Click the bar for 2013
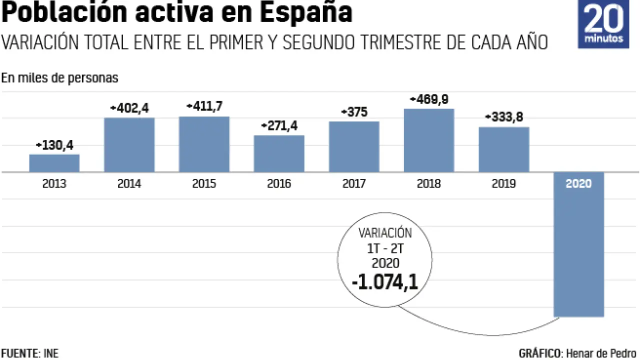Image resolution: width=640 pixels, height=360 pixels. [54, 163]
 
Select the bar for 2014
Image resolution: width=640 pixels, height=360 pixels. [129, 145]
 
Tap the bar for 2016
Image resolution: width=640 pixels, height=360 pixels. [279, 153]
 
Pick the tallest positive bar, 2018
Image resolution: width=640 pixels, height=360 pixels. [429, 140]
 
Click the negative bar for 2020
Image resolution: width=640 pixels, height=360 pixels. [578, 250]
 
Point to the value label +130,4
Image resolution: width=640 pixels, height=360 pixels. [55, 145]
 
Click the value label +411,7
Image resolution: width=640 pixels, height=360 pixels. [204, 106]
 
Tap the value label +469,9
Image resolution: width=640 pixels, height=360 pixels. [429, 99]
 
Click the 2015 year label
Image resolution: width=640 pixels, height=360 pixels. [204, 184]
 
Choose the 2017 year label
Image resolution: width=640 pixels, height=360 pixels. [354, 184]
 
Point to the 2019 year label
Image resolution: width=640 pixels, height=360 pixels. [504, 184]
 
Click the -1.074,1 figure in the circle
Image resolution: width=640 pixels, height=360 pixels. [384, 282]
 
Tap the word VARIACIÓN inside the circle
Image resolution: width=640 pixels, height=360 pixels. [385, 233]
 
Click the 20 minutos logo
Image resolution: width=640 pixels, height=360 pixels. [603, 24]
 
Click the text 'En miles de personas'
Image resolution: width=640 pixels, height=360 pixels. [59, 78]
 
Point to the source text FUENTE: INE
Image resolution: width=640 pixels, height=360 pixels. [29, 353]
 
